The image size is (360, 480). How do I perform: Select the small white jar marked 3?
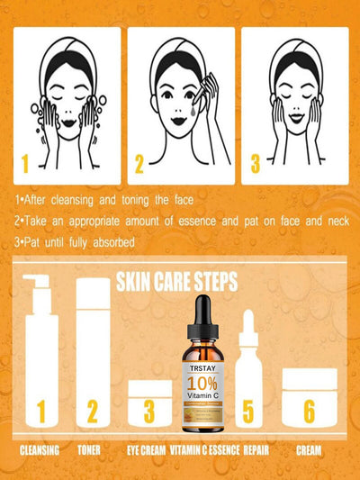click(x=148, y=403)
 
